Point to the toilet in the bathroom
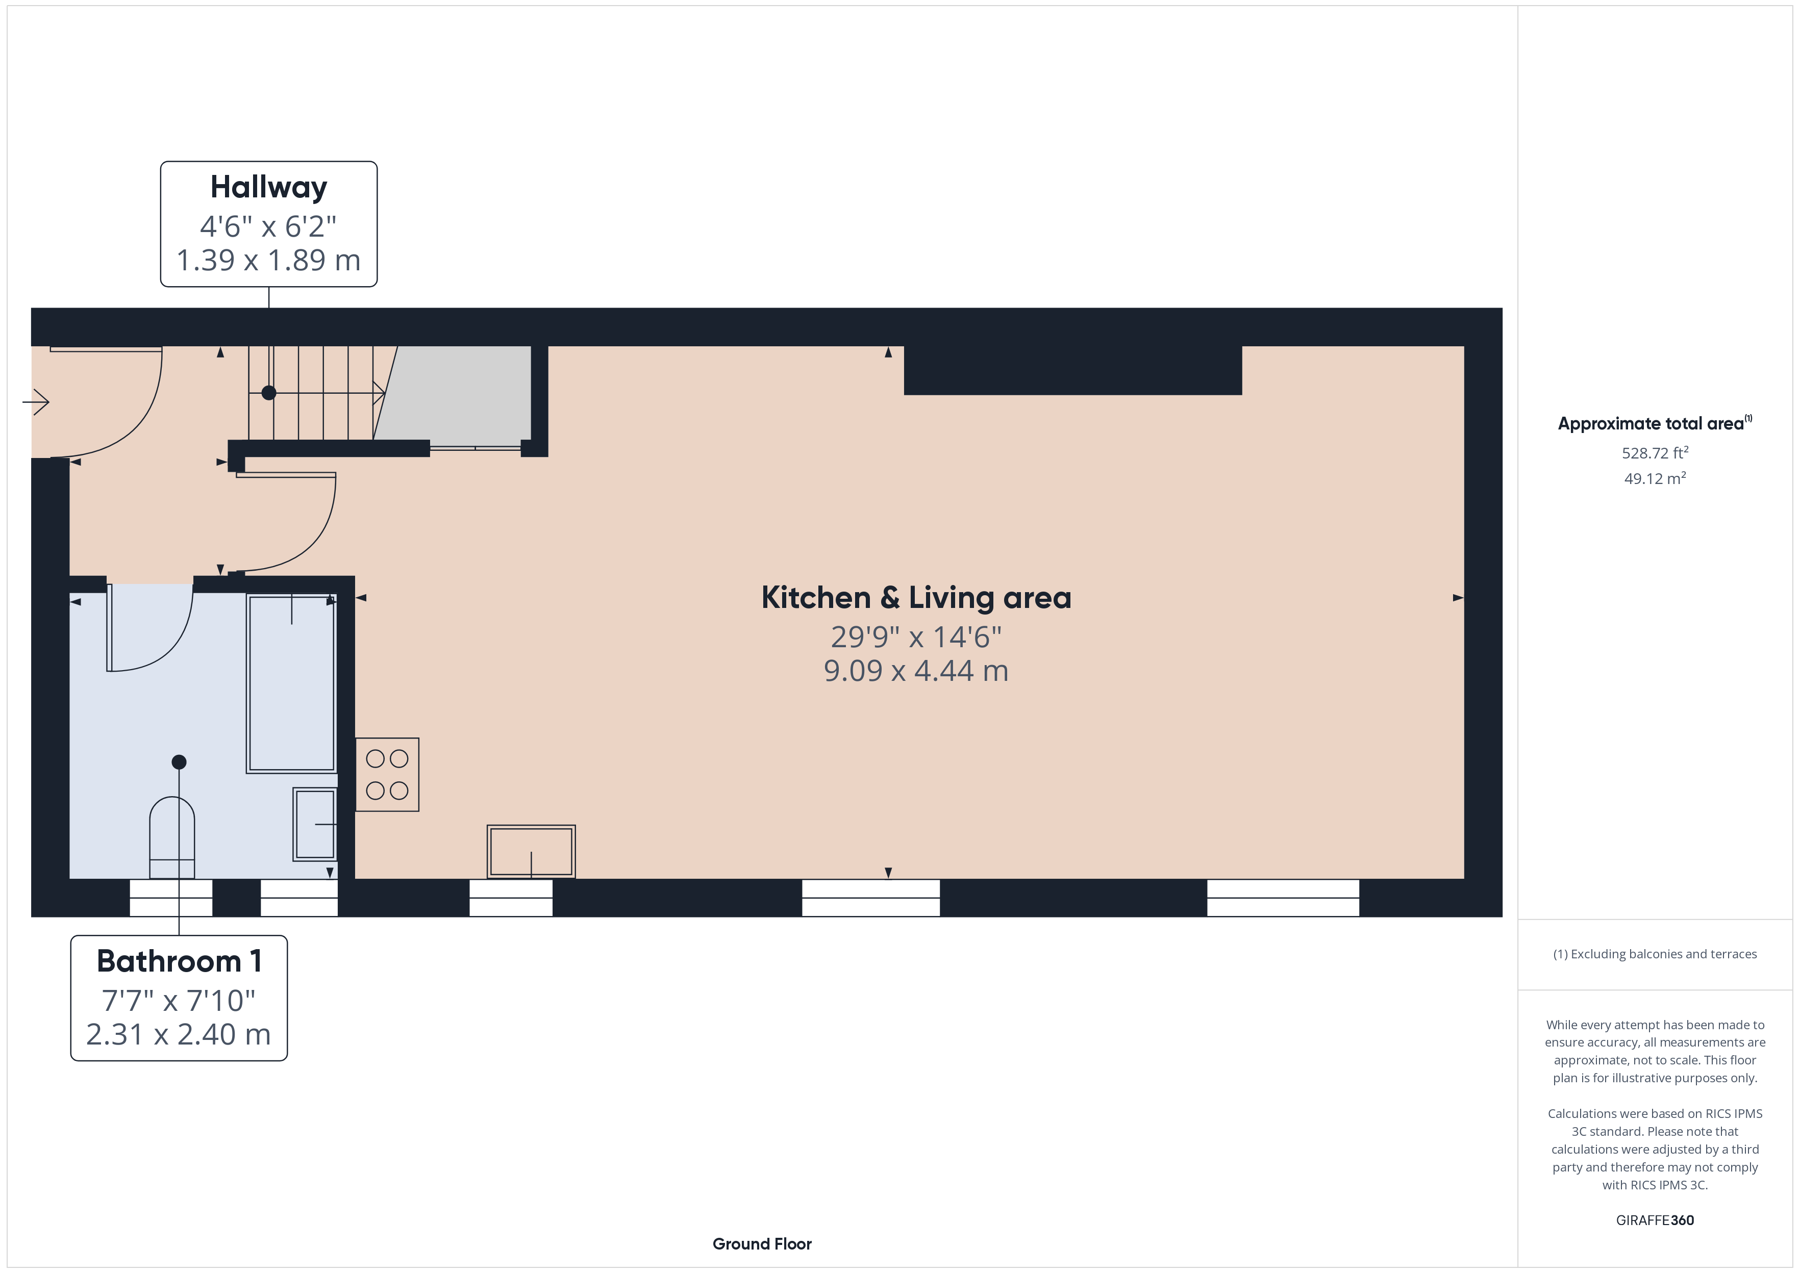(172, 837)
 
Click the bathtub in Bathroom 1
(292, 683)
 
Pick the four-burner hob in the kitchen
(387, 775)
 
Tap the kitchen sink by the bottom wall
(531, 851)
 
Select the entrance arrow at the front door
(36, 402)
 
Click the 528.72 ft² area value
(1654, 452)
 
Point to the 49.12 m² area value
(1654, 478)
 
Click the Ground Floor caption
(762, 1243)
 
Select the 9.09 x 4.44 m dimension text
(916, 671)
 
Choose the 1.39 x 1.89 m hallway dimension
(268, 260)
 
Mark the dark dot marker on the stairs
(269, 393)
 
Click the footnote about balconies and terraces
(1654, 954)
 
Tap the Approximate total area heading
(1654, 423)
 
